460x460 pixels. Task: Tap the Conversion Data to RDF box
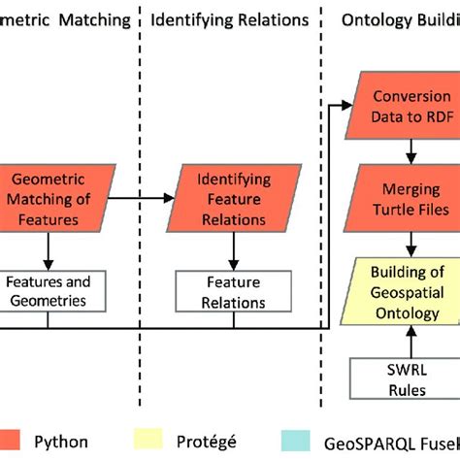(x=411, y=105)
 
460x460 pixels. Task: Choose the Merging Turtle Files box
(x=411, y=198)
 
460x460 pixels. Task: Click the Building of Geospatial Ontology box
(x=411, y=290)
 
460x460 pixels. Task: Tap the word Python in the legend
(x=73, y=439)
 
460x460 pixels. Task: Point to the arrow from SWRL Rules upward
(x=411, y=340)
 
